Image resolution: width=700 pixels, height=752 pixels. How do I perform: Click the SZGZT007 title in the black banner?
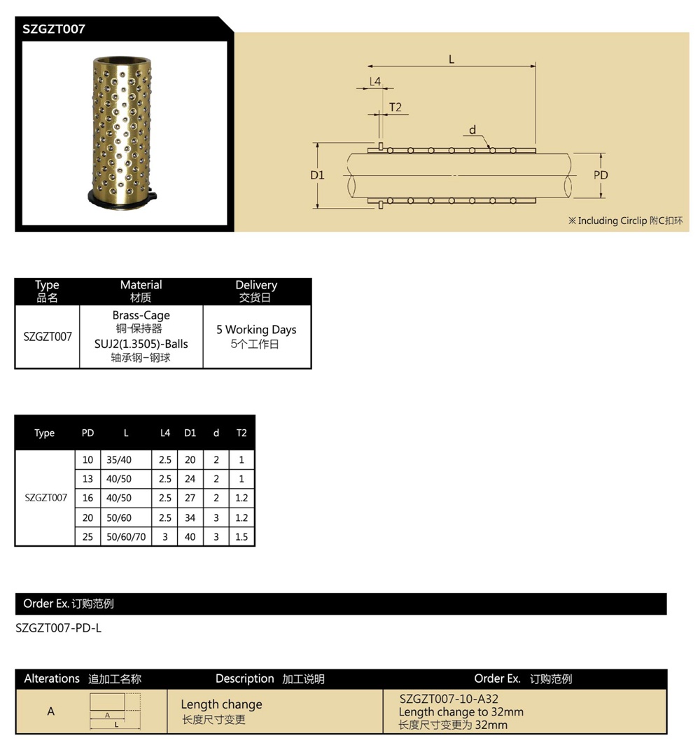54,29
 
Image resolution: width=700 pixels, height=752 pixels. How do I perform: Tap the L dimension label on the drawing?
451,60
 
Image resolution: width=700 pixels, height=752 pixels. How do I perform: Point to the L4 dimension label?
375,81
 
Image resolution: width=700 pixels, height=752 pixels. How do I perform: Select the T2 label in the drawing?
395,107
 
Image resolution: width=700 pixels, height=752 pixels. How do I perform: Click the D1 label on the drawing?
318,175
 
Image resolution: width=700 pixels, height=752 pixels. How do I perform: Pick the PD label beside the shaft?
601,175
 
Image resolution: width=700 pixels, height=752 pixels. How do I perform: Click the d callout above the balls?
472,130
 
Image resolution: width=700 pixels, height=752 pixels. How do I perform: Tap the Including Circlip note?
625,221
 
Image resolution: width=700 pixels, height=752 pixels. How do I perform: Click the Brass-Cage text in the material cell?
141,316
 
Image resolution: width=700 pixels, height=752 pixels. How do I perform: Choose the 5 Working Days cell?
256,330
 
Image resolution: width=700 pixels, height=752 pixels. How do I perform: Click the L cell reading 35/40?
119,460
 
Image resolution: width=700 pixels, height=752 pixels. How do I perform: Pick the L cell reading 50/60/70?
126,538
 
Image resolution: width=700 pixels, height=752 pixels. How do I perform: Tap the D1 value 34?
190,518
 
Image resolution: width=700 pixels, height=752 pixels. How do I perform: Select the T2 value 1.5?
241,538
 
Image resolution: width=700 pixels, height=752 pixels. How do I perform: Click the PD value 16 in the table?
87,499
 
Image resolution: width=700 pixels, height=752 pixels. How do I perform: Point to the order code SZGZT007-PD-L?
59,628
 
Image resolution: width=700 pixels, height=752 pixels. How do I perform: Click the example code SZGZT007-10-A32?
449,699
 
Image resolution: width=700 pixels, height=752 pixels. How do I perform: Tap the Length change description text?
221,704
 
